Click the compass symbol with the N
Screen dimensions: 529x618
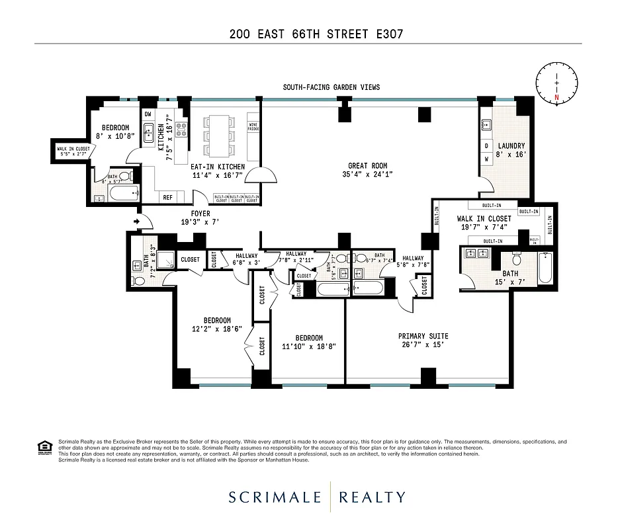557,83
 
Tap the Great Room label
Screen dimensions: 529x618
368,170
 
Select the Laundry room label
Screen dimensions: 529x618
511,150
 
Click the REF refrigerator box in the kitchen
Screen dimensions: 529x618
167,197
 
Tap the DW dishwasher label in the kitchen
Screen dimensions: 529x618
148,114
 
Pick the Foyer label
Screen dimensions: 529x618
200,218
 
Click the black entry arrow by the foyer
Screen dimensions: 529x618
137,221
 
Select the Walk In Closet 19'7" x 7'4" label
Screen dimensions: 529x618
484,223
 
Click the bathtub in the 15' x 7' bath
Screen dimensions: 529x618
545,270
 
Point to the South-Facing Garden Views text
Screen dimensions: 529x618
331,87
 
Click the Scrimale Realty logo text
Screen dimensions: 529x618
318,497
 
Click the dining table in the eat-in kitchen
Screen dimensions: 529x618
220,133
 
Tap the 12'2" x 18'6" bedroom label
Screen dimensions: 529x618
208,324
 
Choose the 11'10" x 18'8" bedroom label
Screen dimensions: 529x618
309,341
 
